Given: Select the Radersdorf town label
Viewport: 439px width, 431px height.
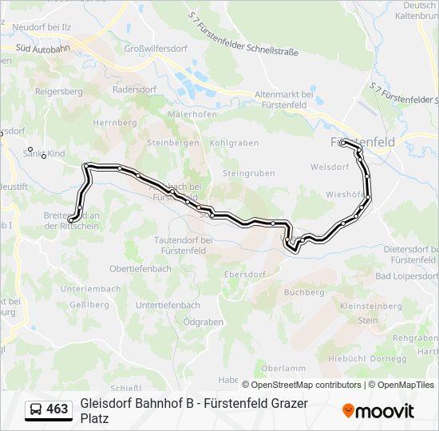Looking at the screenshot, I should (135, 89).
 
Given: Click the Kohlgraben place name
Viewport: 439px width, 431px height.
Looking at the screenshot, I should (234, 143).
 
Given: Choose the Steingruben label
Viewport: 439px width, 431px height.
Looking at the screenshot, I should (248, 172).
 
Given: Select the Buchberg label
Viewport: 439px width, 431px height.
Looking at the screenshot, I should (303, 292).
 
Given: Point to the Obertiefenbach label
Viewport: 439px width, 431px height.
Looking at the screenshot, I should (140, 269).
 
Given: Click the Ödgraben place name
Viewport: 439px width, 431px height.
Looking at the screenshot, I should (203, 322).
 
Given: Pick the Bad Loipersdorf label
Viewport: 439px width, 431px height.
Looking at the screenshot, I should (405, 276).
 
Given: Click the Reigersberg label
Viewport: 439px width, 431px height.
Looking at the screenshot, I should (59, 92).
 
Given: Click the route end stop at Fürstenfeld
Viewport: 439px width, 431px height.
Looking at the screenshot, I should (343, 143).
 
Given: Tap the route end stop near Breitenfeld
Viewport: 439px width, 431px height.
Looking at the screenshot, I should (72, 219).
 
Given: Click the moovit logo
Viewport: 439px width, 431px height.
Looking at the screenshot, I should (378, 411).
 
